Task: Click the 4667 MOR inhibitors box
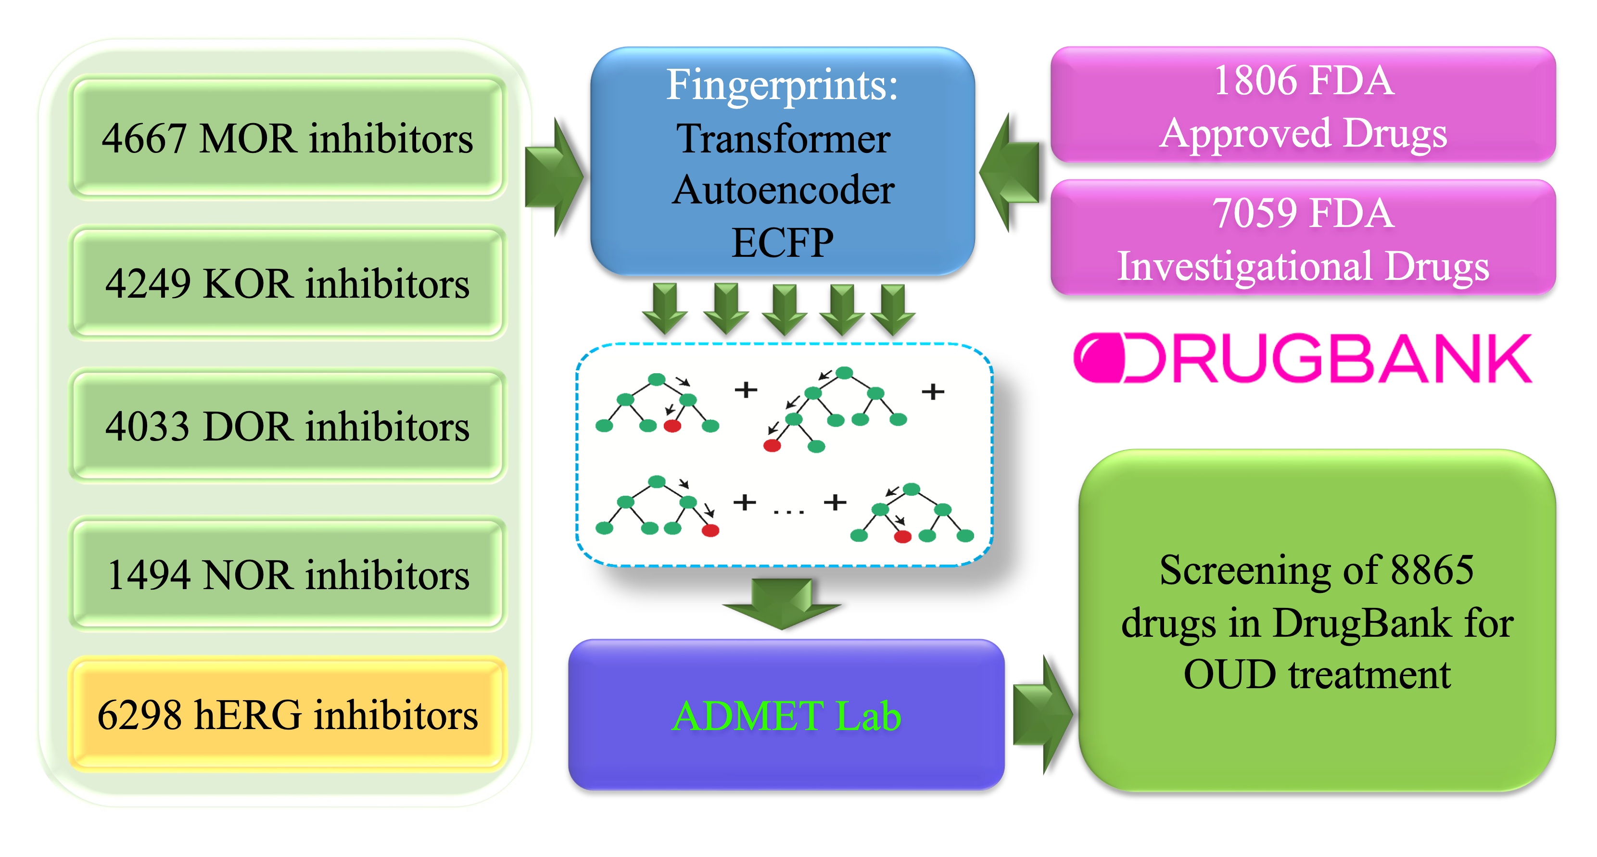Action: click(x=287, y=138)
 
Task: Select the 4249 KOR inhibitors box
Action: click(x=287, y=283)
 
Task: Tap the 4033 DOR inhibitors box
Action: click(x=287, y=426)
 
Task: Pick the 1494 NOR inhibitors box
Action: click(x=287, y=574)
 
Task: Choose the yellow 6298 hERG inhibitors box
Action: click(x=287, y=715)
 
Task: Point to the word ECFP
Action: click(x=782, y=242)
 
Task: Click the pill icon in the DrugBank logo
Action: click(x=1099, y=358)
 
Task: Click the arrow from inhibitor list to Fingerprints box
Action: click(x=554, y=177)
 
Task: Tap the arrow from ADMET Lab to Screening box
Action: click(x=1041, y=715)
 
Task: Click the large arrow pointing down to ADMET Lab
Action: click(x=782, y=602)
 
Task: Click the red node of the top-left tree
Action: click(x=672, y=426)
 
